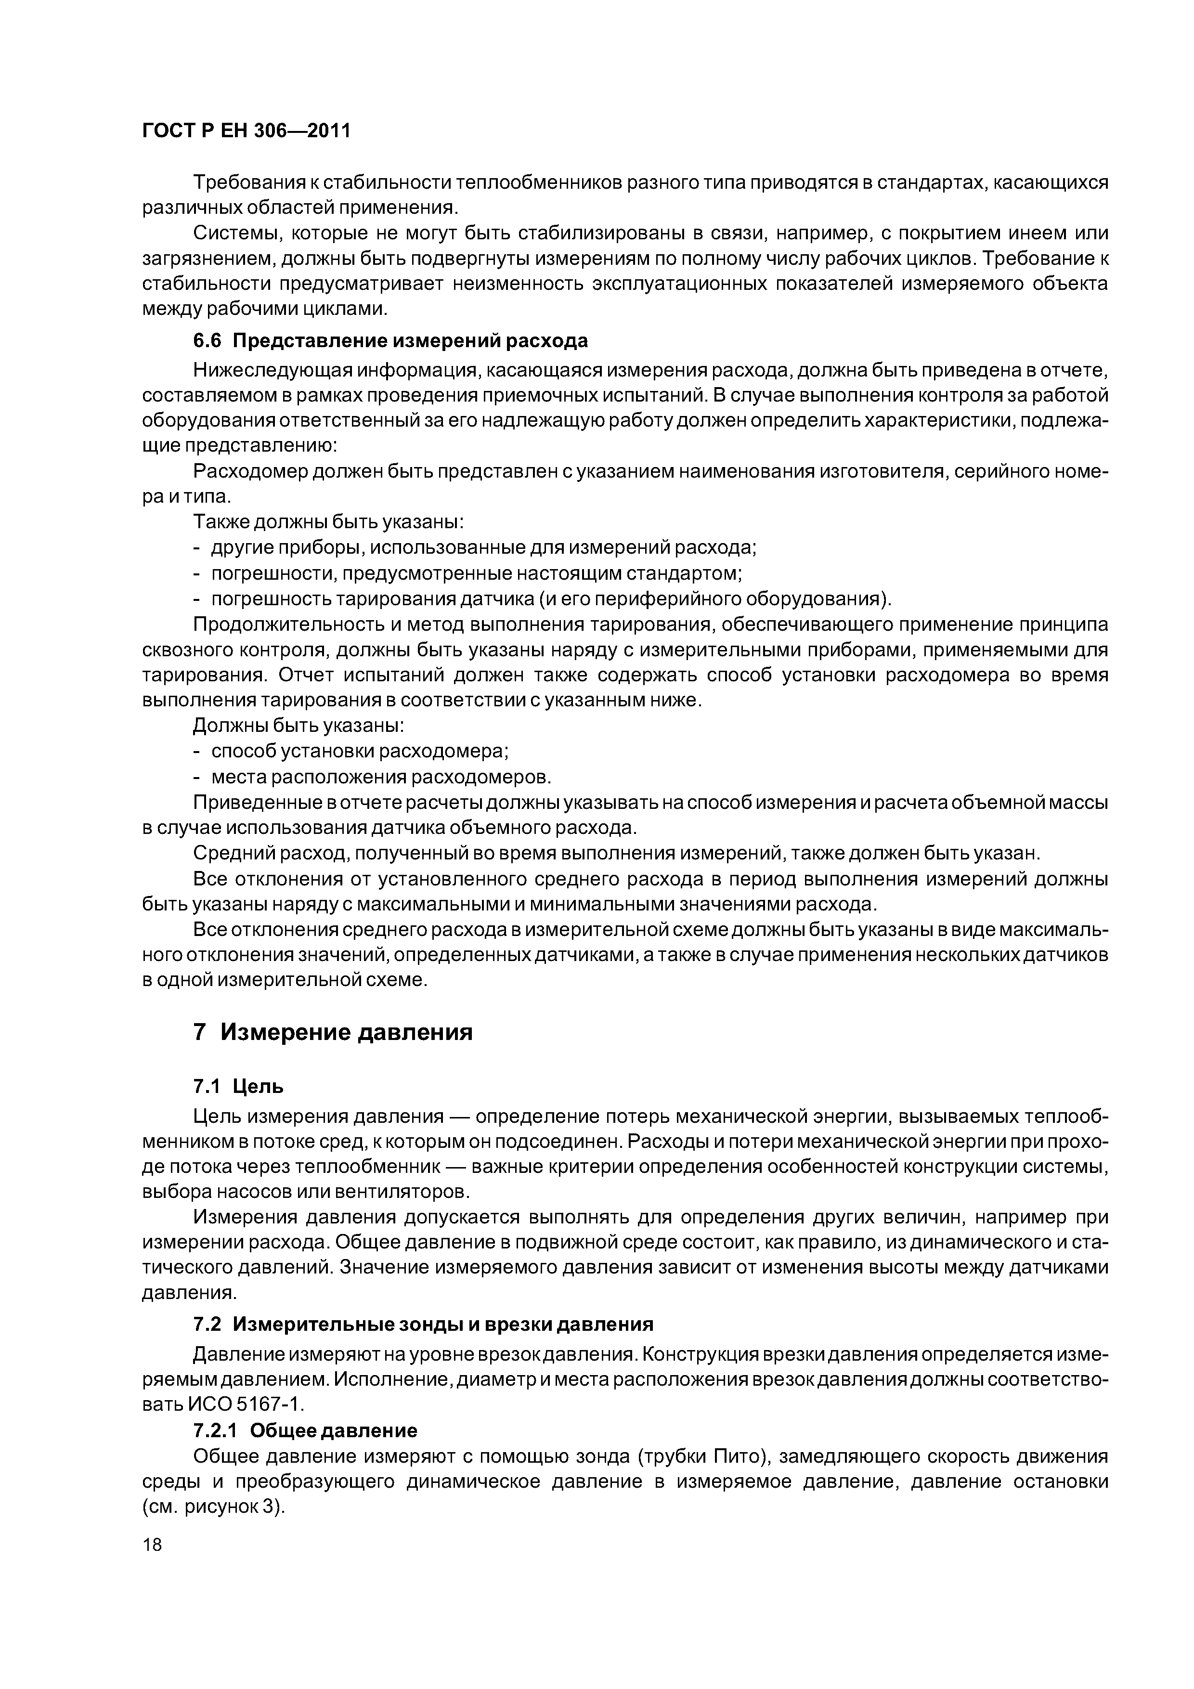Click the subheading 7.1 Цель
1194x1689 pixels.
pos(238,1087)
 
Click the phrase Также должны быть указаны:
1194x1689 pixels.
pos(327,521)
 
